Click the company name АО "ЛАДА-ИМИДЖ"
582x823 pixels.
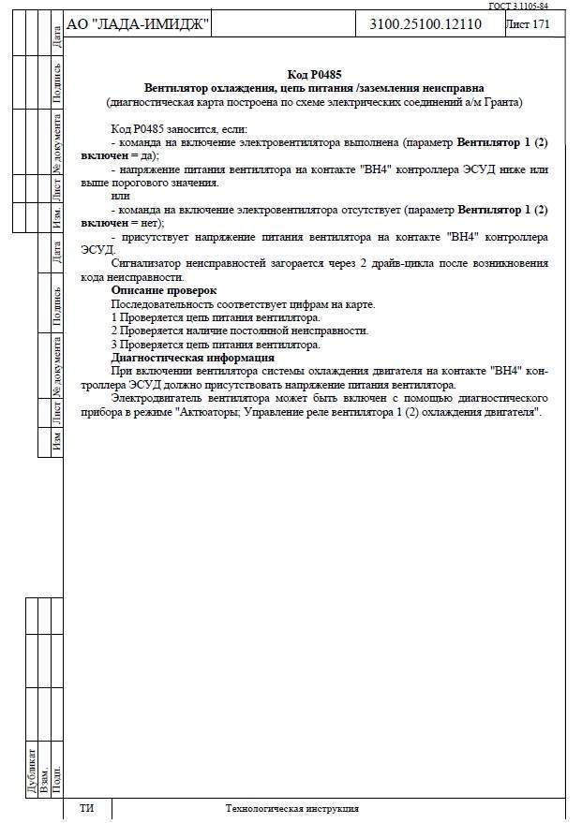(139, 24)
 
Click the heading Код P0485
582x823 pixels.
(313, 74)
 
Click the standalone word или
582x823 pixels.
(119, 197)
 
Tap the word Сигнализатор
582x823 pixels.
(149, 264)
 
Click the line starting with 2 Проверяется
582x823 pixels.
(239, 331)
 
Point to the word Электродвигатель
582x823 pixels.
(157, 398)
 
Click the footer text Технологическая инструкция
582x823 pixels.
(291, 808)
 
